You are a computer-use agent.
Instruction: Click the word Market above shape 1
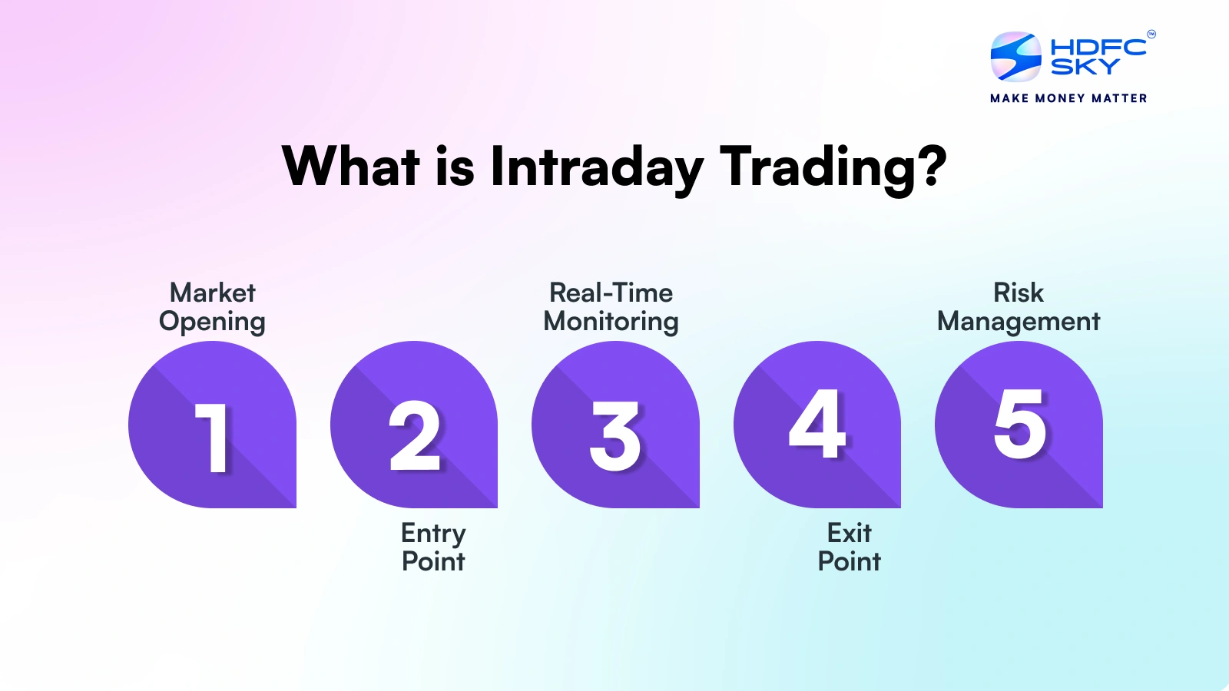[x=212, y=293]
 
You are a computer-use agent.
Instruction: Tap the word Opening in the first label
[x=212, y=322]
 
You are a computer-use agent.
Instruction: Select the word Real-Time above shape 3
[x=611, y=293]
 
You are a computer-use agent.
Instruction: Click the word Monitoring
[x=611, y=322]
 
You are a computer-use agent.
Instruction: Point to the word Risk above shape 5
[x=1019, y=293]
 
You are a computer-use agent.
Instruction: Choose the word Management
[x=1019, y=322]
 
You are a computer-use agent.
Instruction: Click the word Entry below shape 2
[x=433, y=534]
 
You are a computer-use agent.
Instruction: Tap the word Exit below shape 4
[x=849, y=533]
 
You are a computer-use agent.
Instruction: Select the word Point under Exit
[x=849, y=561]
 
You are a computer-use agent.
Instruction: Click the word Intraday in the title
[x=597, y=167]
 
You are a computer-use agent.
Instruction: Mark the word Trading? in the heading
[x=833, y=167]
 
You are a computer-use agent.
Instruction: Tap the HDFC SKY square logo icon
[x=1015, y=57]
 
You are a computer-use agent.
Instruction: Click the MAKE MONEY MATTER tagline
[x=1068, y=98]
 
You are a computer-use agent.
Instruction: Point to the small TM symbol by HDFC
[x=1151, y=34]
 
